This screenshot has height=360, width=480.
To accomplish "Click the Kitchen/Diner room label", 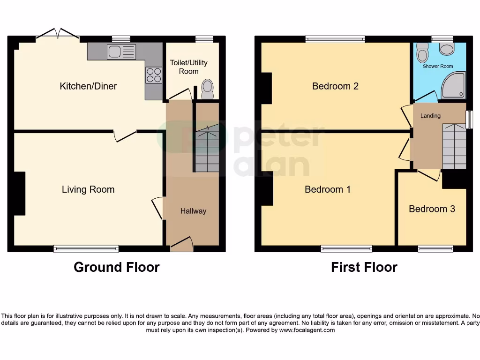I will click(88, 86).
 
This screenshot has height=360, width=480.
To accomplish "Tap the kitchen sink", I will click(121, 51).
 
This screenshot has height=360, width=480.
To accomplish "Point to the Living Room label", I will click(88, 189).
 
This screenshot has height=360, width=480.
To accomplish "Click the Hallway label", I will click(193, 211).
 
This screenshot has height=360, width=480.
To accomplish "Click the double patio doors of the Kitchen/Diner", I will click(58, 34).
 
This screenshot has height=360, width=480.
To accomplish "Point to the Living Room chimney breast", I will click(19, 194).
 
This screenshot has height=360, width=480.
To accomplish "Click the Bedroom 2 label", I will click(335, 86).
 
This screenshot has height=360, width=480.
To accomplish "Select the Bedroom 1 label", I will click(328, 189).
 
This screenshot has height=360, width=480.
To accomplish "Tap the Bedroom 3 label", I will click(432, 209).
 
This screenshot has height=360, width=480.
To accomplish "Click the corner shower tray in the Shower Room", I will click(453, 85).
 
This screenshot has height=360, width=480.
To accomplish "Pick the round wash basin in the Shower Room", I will click(447, 49).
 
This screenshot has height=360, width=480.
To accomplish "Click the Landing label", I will click(430, 116).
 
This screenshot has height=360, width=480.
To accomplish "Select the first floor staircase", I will click(454, 146).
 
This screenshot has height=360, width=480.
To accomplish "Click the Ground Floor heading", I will click(116, 267).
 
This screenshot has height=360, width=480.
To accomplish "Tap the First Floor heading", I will click(364, 267).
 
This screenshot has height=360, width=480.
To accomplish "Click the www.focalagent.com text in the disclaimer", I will click(307, 330).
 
